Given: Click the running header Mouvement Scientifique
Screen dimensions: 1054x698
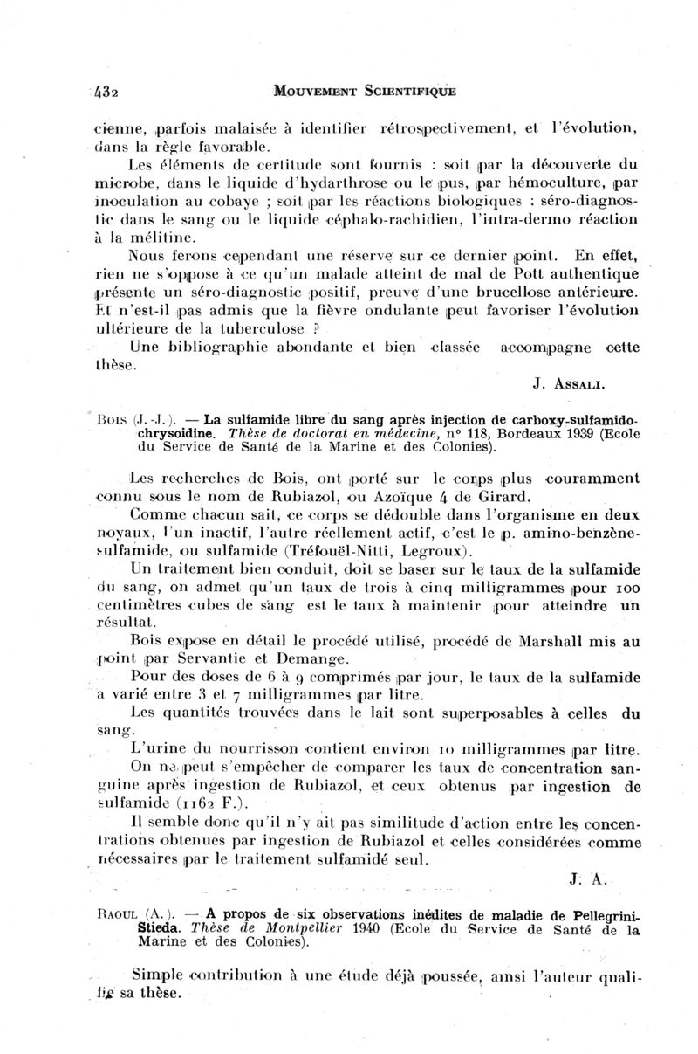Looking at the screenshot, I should coord(364,90).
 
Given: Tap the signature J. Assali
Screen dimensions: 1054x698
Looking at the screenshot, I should coord(568,382).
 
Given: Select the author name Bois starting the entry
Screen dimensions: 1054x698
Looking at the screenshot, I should coord(120,418).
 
